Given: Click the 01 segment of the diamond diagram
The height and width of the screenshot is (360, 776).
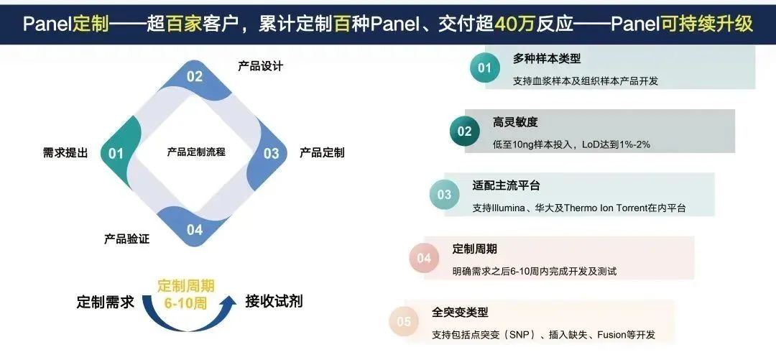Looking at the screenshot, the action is click(118, 153).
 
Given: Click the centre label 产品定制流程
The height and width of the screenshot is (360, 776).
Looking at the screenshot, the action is click(196, 152).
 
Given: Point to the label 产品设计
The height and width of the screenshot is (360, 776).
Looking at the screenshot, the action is click(260, 66).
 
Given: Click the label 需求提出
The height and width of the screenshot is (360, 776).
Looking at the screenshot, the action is click(65, 153).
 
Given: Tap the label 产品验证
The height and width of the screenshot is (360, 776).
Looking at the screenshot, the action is click(126, 239).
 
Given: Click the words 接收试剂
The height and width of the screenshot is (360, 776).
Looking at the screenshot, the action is click(274, 301).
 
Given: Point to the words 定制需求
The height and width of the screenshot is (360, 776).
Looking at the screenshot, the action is click(106, 302).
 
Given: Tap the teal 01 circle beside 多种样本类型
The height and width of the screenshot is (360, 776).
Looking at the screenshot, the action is click(484, 68).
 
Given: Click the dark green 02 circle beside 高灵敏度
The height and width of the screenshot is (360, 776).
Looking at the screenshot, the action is click(464, 131).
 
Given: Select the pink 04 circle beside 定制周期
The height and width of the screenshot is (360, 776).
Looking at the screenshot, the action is click(424, 257).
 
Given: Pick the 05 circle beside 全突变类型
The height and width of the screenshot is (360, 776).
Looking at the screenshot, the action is click(403, 322).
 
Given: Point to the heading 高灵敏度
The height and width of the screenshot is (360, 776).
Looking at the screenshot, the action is click(515, 122).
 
